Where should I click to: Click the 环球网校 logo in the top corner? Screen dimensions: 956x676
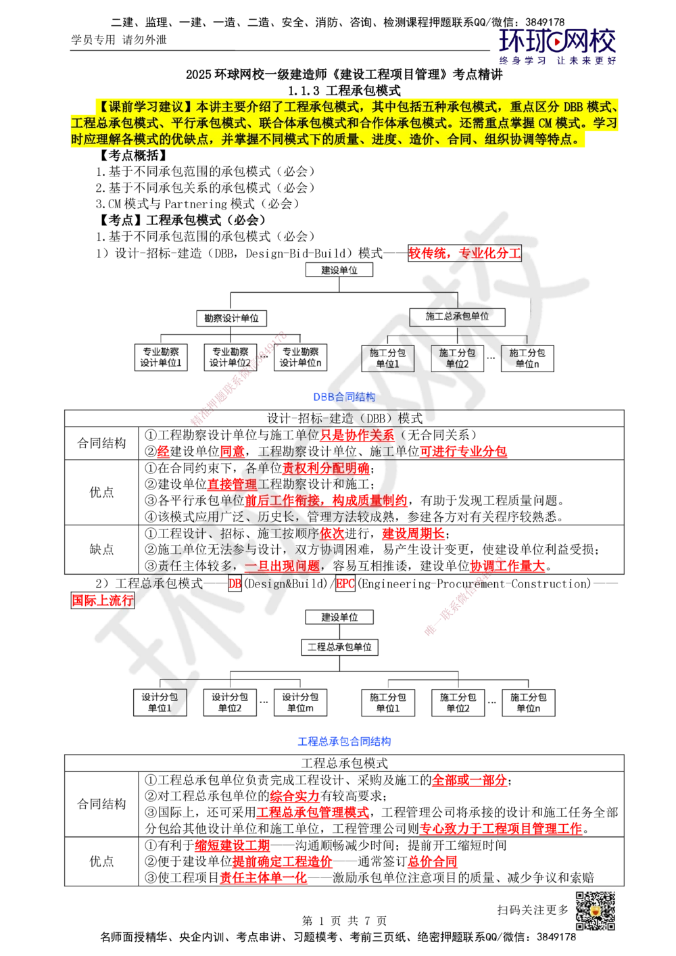(558, 45)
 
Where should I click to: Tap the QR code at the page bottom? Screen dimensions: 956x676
(595, 910)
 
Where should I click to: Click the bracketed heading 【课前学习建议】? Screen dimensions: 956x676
(143, 107)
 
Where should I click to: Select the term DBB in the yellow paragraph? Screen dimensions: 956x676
(573, 107)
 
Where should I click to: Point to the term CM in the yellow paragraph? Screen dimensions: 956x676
(546, 124)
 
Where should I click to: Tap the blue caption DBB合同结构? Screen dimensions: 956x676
(345, 397)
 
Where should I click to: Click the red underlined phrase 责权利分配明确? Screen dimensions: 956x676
(326, 468)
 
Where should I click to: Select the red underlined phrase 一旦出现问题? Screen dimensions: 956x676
(281, 565)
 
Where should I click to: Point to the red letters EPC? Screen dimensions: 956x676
(345, 583)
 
